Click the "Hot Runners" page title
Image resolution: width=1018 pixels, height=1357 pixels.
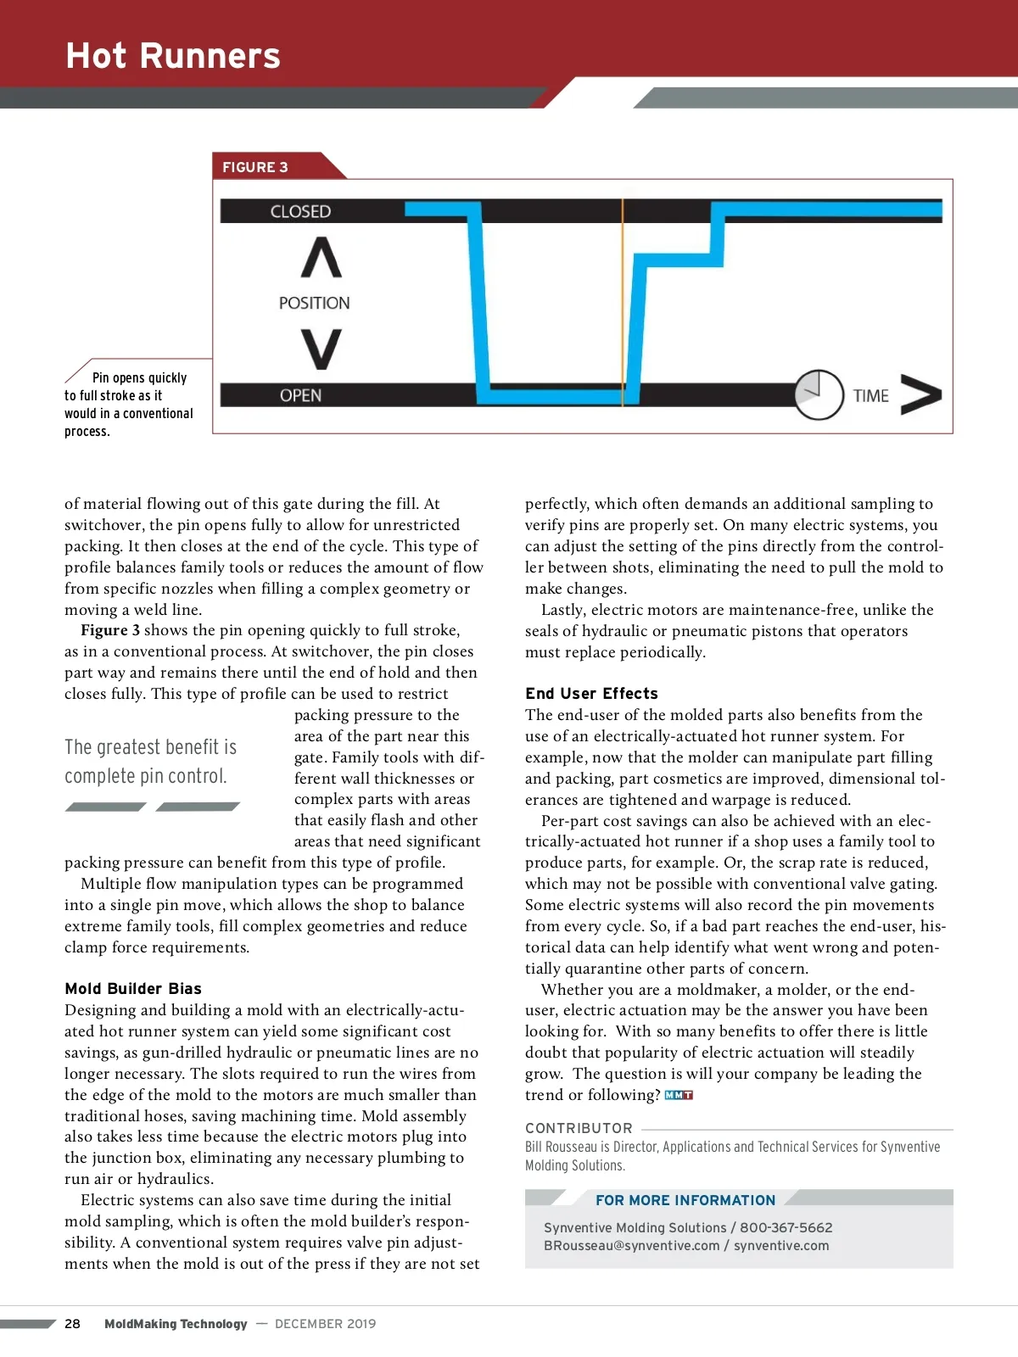(x=173, y=56)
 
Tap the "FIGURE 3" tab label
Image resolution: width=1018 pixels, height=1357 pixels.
(x=255, y=167)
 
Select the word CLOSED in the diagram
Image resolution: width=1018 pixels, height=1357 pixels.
(x=300, y=211)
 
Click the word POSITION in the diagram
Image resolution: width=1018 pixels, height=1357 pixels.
(x=314, y=303)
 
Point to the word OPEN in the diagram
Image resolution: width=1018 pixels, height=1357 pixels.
(x=300, y=395)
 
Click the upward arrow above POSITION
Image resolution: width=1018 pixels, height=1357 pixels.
(x=322, y=258)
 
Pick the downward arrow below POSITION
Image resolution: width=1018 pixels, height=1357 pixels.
(x=322, y=349)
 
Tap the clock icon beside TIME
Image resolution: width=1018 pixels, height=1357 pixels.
(x=819, y=394)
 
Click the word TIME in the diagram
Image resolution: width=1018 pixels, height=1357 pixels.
(x=870, y=396)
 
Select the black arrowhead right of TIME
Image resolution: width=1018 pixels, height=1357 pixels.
(x=921, y=395)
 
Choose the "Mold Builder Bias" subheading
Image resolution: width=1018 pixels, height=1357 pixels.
(x=133, y=989)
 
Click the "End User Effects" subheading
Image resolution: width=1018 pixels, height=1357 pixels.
(x=591, y=694)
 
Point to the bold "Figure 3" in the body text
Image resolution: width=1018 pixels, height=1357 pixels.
(x=110, y=630)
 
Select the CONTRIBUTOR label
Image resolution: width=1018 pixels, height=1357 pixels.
(x=579, y=1128)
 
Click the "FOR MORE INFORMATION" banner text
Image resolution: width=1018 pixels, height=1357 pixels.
(x=685, y=1200)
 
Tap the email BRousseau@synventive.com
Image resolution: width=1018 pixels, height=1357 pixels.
(x=631, y=1246)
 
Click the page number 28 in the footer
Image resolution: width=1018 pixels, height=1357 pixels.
(x=73, y=1324)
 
